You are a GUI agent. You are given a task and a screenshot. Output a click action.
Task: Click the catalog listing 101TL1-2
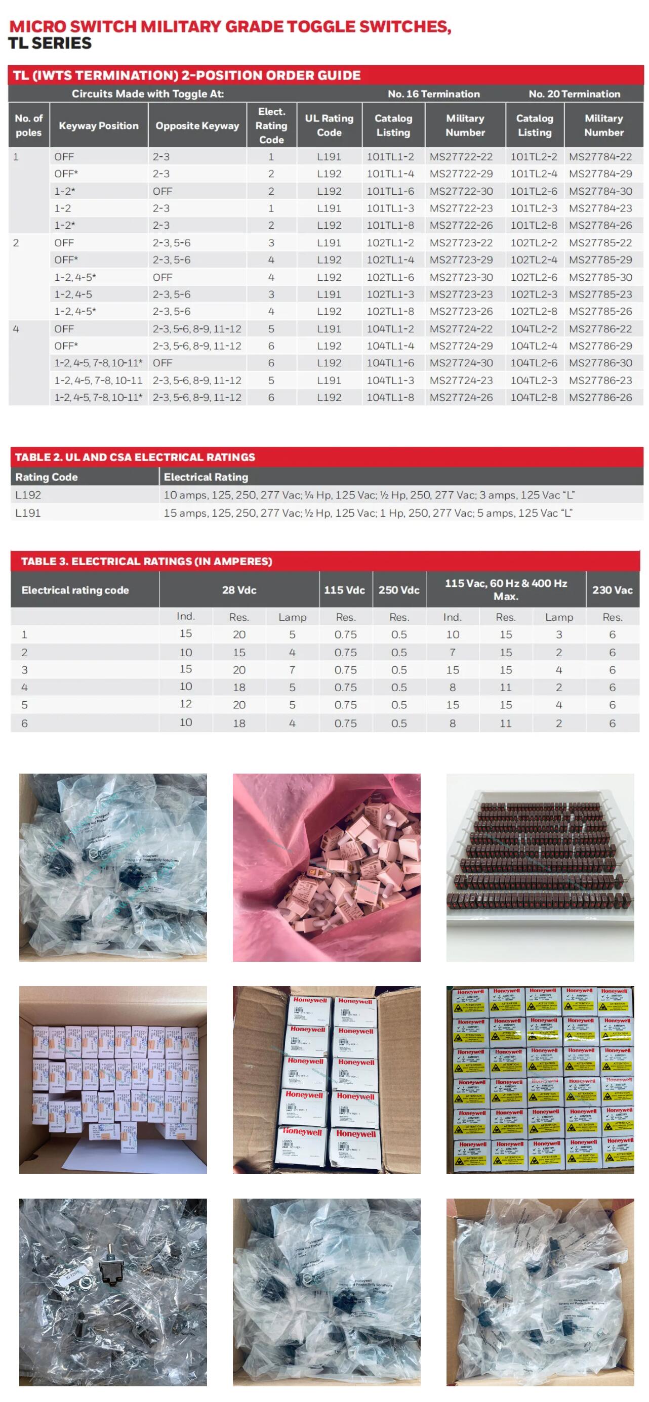point(390,157)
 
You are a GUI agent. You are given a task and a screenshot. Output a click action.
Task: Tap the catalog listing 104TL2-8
point(533,397)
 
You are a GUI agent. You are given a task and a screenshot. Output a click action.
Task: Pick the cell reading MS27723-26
point(461,311)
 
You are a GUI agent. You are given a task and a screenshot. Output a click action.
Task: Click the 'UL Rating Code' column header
point(329,125)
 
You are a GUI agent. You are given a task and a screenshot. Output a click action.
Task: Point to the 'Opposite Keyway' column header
point(197,125)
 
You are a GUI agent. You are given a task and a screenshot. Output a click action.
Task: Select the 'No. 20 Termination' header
point(574,94)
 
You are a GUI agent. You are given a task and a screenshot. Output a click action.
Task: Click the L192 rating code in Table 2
point(28,495)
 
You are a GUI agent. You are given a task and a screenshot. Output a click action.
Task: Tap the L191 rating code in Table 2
point(28,513)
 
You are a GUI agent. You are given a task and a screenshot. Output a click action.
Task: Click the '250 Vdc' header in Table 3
point(398,590)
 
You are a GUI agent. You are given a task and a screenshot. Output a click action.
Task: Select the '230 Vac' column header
point(612,590)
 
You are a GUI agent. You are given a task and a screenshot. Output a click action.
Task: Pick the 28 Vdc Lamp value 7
point(293,670)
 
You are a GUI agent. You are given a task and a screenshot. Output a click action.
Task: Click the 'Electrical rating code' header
point(75,590)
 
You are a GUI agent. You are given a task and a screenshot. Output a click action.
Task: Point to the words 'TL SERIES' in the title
point(50,44)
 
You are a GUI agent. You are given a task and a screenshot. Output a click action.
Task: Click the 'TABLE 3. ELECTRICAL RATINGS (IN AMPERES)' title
point(146,561)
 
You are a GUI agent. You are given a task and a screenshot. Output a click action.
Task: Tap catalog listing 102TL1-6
point(390,277)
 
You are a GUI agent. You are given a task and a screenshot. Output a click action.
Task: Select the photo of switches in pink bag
point(327,868)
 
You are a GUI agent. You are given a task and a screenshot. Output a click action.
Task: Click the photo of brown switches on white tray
point(540,868)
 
